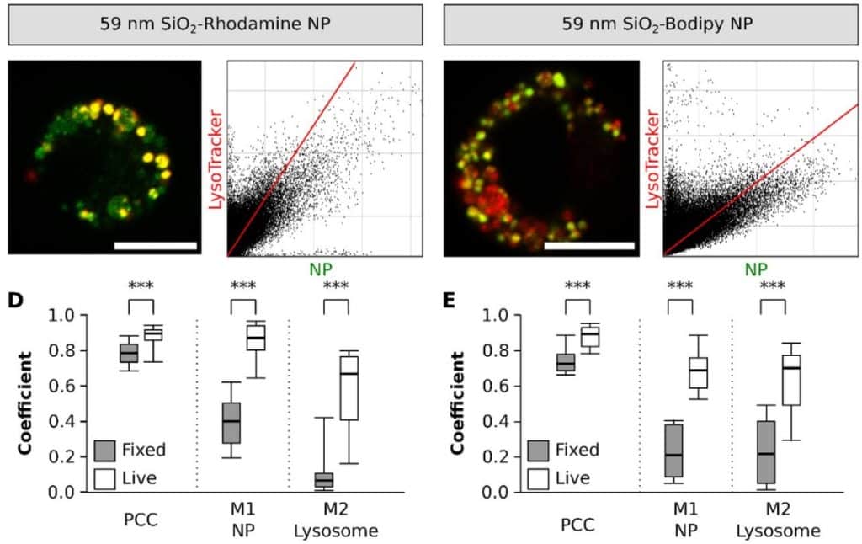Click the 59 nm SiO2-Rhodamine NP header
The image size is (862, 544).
point(215,23)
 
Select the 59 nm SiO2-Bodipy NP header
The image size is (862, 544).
point(650,23)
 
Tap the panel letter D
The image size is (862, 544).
point(15,301)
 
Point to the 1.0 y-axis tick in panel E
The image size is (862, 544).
point(500,316)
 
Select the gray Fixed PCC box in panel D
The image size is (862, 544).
point(128,353)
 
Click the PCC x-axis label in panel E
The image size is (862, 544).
point(577,523)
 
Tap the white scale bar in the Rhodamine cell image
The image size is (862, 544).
point(155,246)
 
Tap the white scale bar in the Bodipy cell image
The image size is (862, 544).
point(588,246)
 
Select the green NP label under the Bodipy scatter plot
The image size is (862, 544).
point(755,270)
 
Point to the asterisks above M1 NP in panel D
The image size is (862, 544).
point(242,285)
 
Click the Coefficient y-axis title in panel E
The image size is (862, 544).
point(458,403)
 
